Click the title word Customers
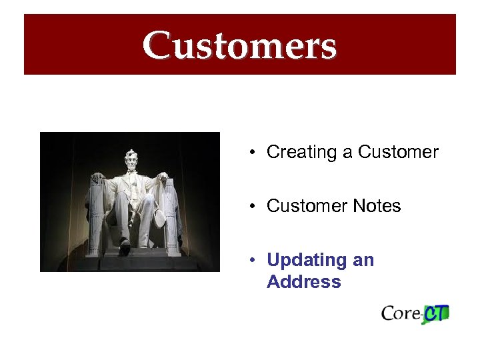click(239, 45)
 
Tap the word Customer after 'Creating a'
click(398, 152)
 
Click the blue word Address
click(303, 282)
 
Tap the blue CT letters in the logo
click(437, 313)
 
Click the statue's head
click(130, 160)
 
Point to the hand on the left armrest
click(98, 179)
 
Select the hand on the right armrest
click(162, 177)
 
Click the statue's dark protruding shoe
click(124, 248)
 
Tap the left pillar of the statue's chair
click(95, 220)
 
